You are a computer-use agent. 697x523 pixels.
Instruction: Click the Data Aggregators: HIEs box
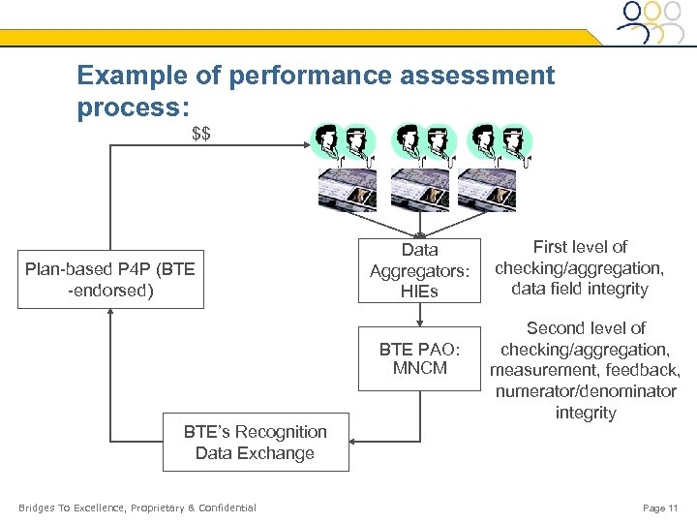419,271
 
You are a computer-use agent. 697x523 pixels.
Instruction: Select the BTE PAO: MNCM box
419,358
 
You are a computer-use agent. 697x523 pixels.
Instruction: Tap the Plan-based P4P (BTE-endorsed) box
110,279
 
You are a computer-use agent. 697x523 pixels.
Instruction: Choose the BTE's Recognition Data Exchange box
255,443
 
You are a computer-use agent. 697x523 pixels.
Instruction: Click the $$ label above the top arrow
201,134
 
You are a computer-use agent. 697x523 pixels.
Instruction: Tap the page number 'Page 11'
660,508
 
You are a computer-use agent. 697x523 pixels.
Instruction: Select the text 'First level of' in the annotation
580,247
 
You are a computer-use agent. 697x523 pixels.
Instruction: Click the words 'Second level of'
586,328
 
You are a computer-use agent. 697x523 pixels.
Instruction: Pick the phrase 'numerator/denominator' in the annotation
586,392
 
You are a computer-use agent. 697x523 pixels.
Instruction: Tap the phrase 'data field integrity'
580,289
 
